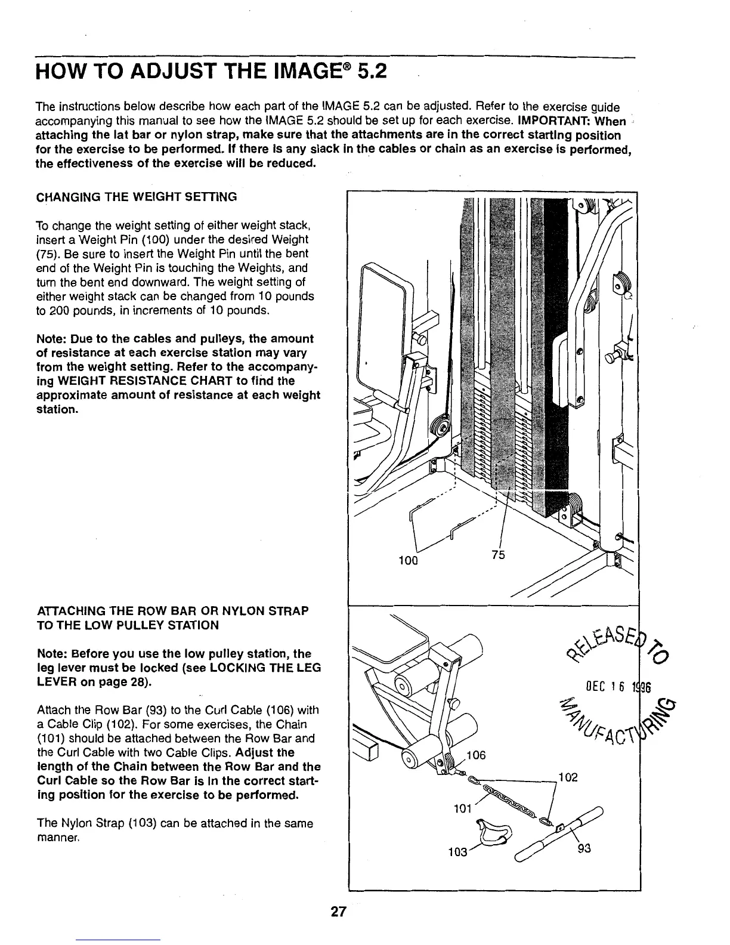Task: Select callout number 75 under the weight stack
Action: tap(498, 555)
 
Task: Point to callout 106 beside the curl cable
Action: tap(478, 755)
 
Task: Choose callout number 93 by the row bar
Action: tap(585, 851)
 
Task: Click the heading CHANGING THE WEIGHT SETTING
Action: tap(137, 196)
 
